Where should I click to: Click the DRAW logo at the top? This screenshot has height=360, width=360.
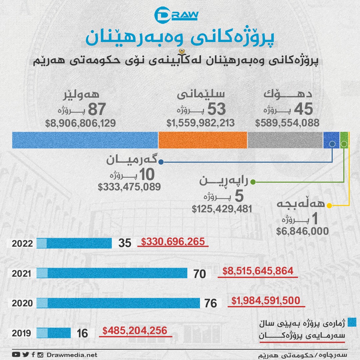pyautogui.click(x=176, y=15)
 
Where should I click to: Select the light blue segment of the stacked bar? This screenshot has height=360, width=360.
pyautogui.click(x=85, y=140)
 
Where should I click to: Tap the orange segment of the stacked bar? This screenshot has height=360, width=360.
pyautogui.click(x=203, y=140)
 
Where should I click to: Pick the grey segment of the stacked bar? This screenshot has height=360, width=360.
pyautogui.click(x=285, y=140)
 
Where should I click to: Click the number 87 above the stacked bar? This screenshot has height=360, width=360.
pyautogui.click(x=96, y=109)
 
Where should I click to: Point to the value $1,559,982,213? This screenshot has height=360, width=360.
pyautogui.click(x=201, y=123)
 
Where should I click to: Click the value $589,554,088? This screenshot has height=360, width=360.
pyautogui.click(x=287, y=123)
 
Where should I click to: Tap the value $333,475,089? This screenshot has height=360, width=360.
pyautogui.click(x=129, y=187)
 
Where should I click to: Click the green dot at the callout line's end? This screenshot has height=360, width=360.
pyautogui.click(x=253, y=182)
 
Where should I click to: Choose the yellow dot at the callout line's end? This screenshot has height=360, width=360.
pyautogui.click(x=329, y=206)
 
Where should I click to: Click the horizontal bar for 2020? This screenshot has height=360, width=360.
pyautogui.click(x=118, y=303)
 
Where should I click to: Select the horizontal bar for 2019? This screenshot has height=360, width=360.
pyautogui.click(x=53, y=333)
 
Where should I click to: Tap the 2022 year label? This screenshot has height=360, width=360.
pyautogui.click(x=22, y=243)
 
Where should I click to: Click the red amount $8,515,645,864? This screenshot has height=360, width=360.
pyautogui.click(x=258, y=271)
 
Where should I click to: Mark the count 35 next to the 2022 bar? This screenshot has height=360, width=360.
pyautogui.click(x=125, y=243)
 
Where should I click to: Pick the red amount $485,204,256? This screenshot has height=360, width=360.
pyautogui.click(x=135, y=331)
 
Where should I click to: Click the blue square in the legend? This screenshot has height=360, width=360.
pyautogui.click(x=352, y=322)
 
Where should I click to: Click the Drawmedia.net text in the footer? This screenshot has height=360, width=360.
pyautogui.click(x=72, y=355)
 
